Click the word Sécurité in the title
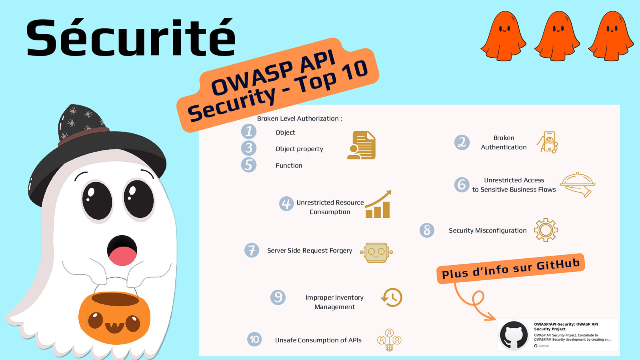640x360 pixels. pyautogui.click(x=131, y=37)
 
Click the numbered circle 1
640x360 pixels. pyautogui.click(x=248, y=132)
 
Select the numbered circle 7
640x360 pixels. pyautogui.click(x=252, y=250)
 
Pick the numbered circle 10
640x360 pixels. pyautogui.click(x=254, y=340)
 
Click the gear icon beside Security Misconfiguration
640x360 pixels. pyautogui.click(x=546, y=230)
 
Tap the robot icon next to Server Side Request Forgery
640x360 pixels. pyautogui.click(x=376, y=252)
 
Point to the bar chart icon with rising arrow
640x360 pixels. pyautogui.click(x=378, y=204)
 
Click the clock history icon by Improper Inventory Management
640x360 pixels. pyautogui.click(x=392, y=298)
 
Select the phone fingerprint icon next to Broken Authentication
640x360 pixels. pyautogui.click(x=548, y=142)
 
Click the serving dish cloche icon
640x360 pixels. pyautogui.click(x=578, y=184)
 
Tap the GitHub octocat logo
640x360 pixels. pyautogui.click(x=514, y=335)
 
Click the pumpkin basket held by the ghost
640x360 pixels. pyautogui.click(x=114, y=317)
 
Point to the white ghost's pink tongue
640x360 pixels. pyautogui.click(x=122, y=256)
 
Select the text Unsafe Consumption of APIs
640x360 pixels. pyautogui.click(x=318, y=340)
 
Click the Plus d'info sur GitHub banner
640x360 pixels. pyautogui.click(x=511, y=269)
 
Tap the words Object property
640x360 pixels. pyautogui.click(x=299, y=149)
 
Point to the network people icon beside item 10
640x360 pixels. pyautogui.click(x=389, y=340)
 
